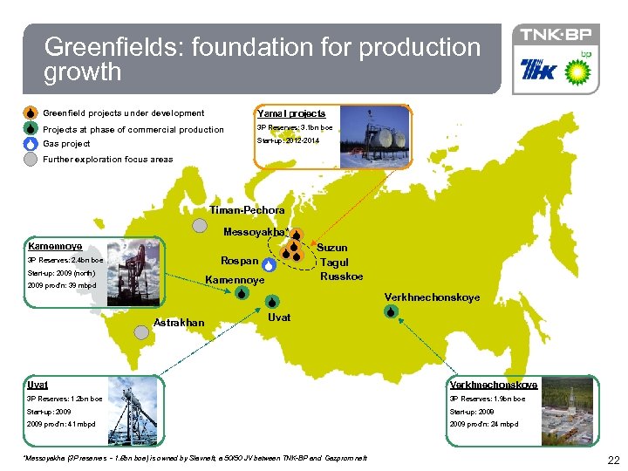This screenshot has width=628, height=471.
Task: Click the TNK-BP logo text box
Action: point(556,35)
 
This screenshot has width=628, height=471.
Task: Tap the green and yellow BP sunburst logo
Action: point(578,71)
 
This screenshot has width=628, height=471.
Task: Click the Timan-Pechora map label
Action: point(247,210)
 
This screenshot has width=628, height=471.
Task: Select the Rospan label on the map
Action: point(239,261)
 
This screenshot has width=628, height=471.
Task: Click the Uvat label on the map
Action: point(279,317)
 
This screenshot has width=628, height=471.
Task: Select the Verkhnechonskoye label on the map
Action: point(432,297)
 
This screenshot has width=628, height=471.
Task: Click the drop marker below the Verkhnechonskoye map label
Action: point(392,311)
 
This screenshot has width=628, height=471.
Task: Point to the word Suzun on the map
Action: point(331,248)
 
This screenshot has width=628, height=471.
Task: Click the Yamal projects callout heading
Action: point(290,113)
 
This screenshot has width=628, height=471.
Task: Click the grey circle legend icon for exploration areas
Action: point(31,160)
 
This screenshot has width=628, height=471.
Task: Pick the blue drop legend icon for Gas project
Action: point(31,144)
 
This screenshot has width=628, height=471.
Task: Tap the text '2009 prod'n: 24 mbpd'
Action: point(483,424)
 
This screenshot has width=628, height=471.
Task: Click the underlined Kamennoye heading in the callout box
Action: point(55,246)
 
